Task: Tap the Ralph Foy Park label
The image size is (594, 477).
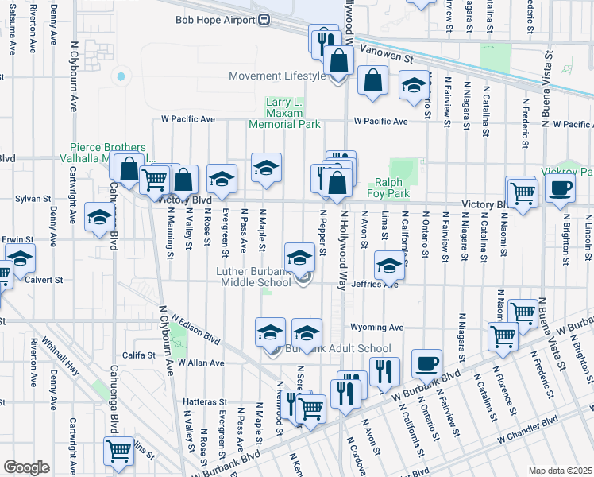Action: click(388, 187)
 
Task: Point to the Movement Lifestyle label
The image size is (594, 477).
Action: click(277, 76)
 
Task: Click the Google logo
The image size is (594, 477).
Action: click(26, 467)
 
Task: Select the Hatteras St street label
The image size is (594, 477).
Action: click(205, 402)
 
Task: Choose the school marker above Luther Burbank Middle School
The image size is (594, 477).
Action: click(299, 257)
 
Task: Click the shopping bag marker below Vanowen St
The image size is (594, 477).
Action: click(372, 81)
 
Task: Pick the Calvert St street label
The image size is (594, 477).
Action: click(47, 280)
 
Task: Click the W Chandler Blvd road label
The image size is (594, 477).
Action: click(528, 430)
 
